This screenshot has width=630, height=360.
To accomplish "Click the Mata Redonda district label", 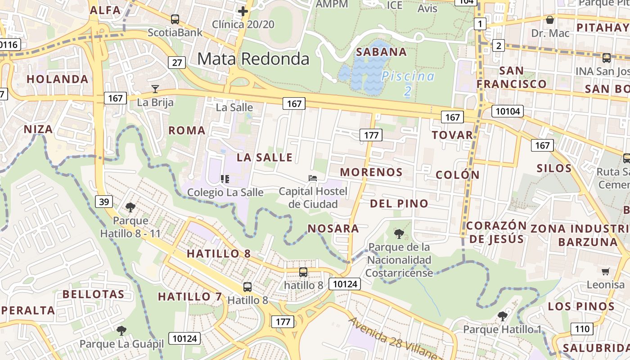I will (253, 59).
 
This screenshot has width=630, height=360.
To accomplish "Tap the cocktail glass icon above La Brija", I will (155, 89).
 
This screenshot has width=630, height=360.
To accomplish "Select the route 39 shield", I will (103, 202).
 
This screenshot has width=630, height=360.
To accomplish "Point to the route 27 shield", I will (177, 62).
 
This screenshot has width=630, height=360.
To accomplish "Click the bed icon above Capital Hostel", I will (313, 178).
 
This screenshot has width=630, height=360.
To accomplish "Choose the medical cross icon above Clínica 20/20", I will (243, 11).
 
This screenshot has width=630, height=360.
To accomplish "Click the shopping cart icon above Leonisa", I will (605, 271).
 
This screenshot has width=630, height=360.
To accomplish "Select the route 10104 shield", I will (508, 111).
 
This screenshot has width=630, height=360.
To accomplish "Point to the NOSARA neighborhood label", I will (333, 229).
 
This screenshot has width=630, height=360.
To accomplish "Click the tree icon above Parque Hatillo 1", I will (502, 316).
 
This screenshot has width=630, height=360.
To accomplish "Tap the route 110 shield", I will (582, 329).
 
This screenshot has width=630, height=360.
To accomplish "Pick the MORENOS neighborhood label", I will (371, 172).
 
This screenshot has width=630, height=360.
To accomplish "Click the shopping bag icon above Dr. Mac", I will (549, 20).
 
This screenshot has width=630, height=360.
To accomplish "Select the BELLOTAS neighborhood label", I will (94, 295).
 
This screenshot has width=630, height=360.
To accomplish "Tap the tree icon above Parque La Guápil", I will (121, 331).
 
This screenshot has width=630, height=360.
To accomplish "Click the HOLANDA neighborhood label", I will (58, 79).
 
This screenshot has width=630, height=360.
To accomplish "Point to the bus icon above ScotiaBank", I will (175, 19).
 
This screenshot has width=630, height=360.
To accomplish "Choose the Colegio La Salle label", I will (225, 192).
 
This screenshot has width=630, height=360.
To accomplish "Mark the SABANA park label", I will (381, 52).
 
